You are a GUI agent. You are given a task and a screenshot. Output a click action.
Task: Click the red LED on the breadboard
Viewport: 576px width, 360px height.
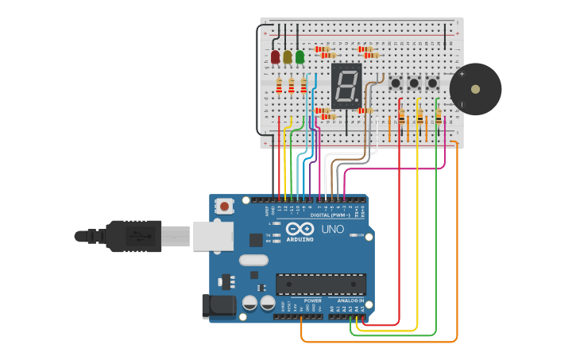coord(276,57)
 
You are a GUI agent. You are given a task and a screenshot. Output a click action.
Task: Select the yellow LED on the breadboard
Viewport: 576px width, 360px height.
coord(288,57)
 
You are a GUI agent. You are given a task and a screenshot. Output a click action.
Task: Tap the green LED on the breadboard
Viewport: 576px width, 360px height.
coord(300,57)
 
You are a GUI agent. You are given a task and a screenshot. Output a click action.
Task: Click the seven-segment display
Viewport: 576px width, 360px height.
coord(346,86)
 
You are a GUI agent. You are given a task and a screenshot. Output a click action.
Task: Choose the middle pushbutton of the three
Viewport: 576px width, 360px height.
coord(414,83)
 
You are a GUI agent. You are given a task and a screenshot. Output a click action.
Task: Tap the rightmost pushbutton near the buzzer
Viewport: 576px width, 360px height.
coord(432,83)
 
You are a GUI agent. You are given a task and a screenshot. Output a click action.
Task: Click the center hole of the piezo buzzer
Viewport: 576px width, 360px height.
coord(475,89)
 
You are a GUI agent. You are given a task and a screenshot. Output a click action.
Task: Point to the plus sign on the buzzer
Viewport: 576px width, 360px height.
coord(462,74)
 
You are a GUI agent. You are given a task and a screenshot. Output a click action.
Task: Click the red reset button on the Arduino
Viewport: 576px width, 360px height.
coord(225,207)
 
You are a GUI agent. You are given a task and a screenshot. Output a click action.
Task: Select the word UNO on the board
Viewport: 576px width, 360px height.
coord(333,230)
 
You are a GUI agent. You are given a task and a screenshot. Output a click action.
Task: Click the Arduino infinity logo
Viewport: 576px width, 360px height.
coord(300,229)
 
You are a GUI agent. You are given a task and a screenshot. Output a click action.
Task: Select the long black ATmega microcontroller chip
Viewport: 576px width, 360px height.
coord(321,284)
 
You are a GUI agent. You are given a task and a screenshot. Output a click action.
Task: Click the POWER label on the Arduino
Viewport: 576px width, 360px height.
coord(312,301)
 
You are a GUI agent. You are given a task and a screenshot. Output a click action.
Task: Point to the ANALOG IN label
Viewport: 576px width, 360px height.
coord(350,301)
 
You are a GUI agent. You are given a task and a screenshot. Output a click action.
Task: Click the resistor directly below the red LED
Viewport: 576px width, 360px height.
coord(279,86)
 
